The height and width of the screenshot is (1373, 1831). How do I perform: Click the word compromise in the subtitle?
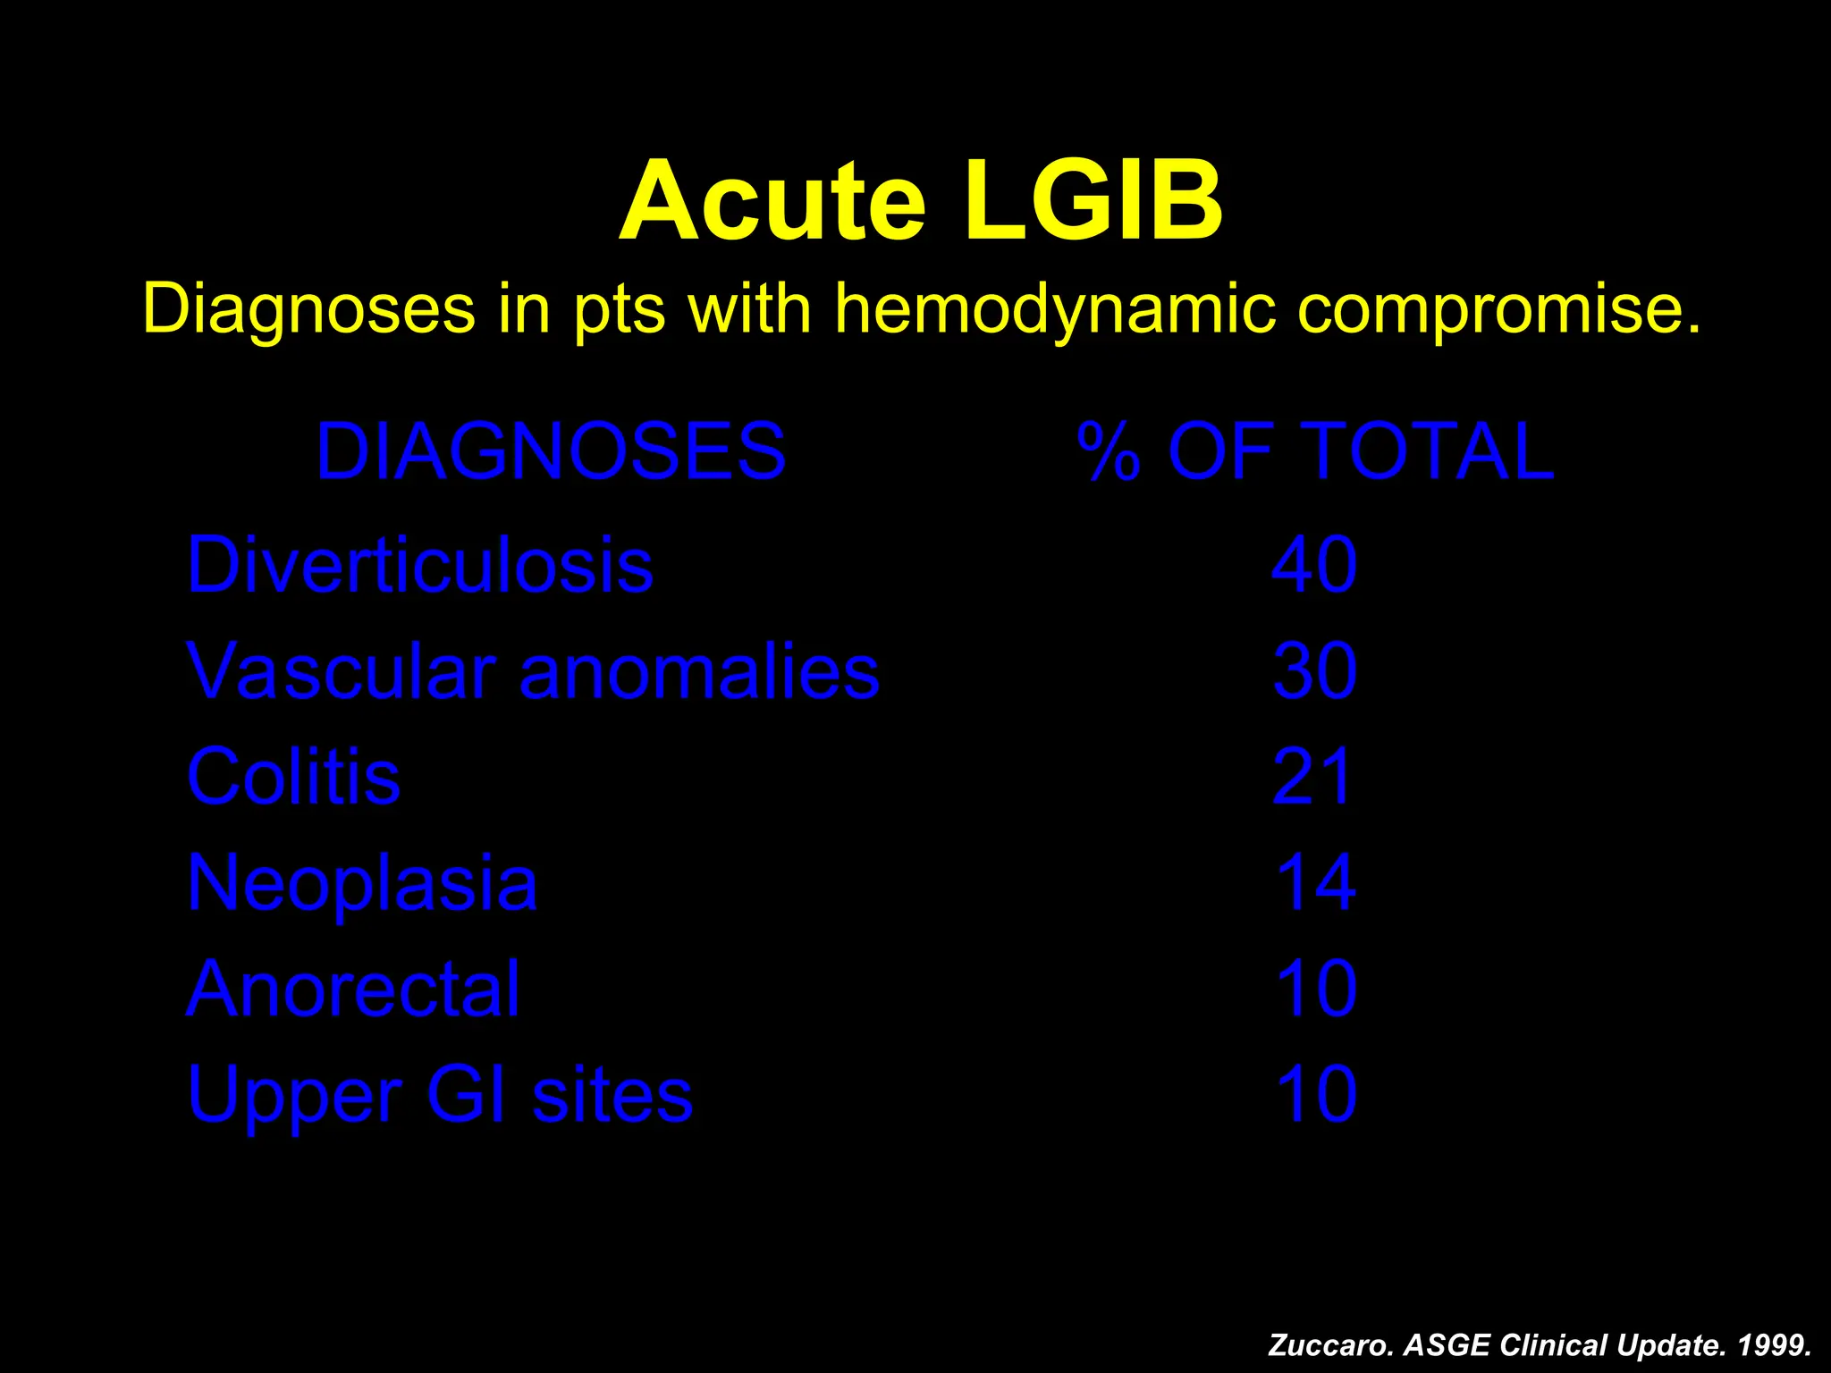tap(1498, 309)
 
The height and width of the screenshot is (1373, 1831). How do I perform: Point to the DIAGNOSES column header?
tap(551, 451)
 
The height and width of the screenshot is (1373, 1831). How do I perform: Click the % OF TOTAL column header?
tap(1315, 451)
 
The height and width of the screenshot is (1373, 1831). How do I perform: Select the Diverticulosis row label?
tap(419, 565)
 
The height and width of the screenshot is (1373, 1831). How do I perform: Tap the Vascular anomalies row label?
tap(533, 670)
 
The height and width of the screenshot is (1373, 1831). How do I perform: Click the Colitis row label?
tap(293, 776)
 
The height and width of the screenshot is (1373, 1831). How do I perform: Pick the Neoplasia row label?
tap(362, 883)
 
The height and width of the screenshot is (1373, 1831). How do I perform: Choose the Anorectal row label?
tap(353, 989)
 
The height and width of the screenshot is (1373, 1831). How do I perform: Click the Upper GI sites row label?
tap(440, 1094)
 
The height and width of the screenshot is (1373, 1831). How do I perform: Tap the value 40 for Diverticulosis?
tap(1314, 565)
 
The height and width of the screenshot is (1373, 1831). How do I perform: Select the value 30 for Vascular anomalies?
tap(1314, 670)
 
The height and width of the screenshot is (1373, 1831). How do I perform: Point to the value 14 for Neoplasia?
tap(1314, 883)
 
